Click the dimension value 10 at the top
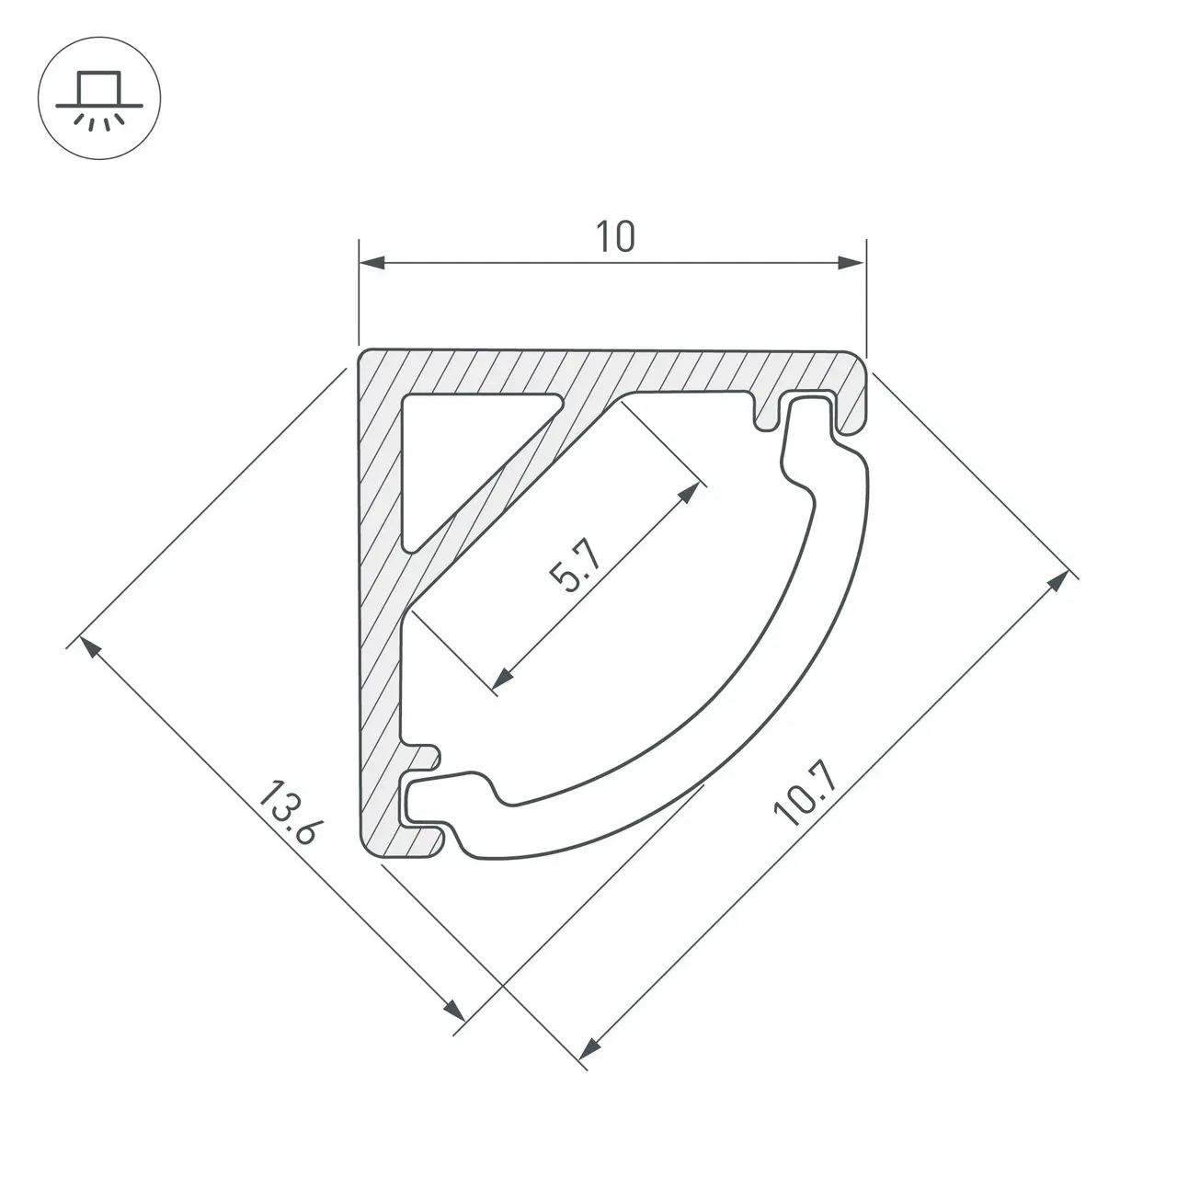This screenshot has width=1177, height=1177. click(615, 237)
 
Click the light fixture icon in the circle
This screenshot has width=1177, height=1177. click(99, 99)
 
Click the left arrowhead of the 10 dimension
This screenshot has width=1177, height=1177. click(372, 263)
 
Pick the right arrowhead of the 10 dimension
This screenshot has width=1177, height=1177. click(852, 263)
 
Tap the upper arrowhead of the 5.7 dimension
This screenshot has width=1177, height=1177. click(689, 492)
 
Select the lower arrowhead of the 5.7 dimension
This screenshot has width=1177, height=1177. click(502, 678)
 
